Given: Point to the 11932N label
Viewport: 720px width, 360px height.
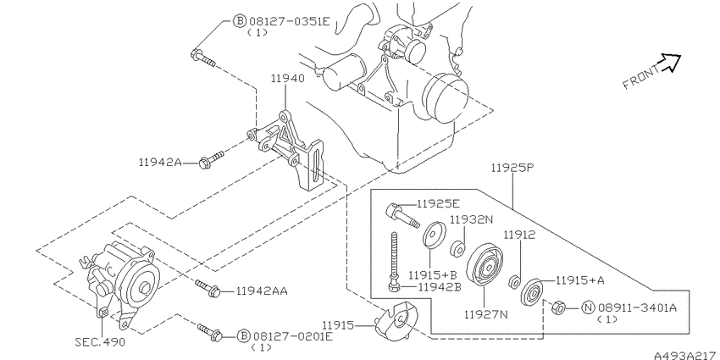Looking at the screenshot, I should (471, 219).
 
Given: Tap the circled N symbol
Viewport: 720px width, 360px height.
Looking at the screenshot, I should (587, 307).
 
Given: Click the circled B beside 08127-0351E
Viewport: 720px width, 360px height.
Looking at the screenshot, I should (240, 21).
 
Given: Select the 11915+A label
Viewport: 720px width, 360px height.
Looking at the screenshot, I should (581, 279).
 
